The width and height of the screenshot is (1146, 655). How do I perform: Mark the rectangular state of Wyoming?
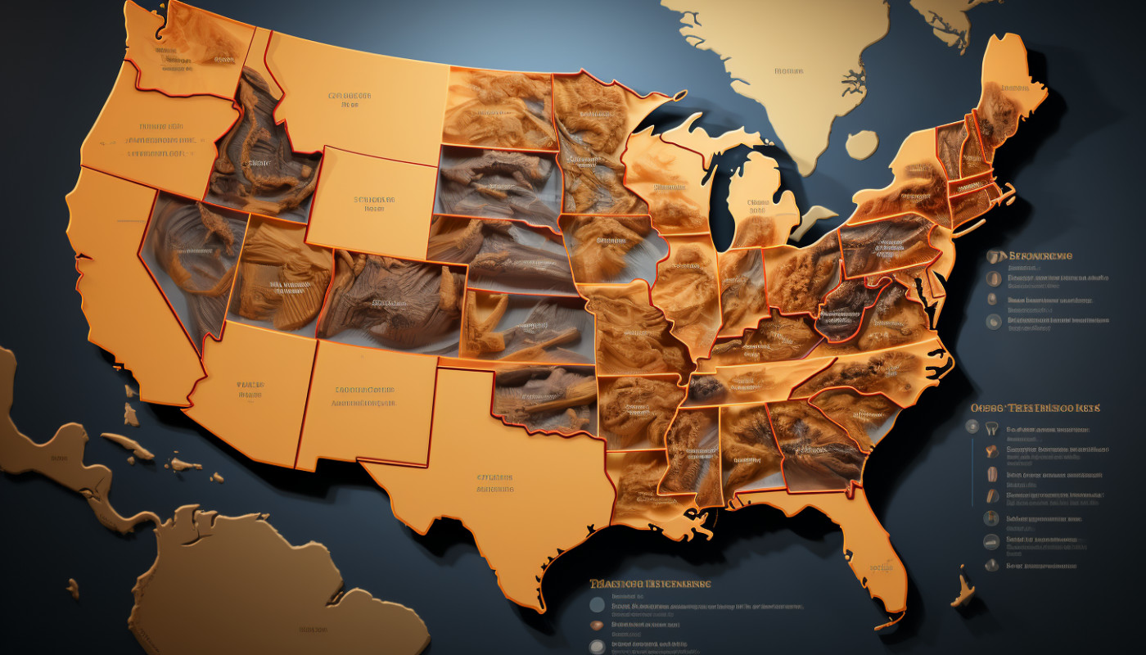click(372, 201)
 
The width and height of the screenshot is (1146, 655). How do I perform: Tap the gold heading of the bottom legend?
click(650, 584)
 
